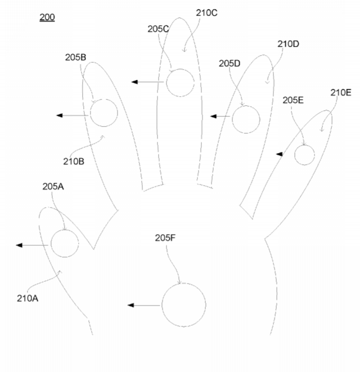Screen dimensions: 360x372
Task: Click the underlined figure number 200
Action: (x=47, y=17)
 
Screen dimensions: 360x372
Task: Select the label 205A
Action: (x=53, y=186)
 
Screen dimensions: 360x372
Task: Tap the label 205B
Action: (x=75, y=57)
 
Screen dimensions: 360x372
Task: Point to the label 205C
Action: (x=158, y=29)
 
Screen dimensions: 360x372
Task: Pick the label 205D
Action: (x=229, y=64)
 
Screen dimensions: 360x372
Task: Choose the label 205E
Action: (x=293, y=100)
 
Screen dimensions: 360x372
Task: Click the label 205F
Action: (x=165, y=237)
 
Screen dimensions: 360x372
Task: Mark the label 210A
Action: (x=28, y=298)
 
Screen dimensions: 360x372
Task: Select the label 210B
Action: (x=74, y=162)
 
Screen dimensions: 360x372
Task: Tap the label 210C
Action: (x=206, y=13)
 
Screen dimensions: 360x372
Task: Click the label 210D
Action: (x=288, y=44)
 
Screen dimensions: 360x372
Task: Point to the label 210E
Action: (x=341, y=92)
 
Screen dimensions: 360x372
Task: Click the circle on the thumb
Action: (x=51, y=244)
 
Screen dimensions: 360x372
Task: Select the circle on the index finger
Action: (x=90, y=113)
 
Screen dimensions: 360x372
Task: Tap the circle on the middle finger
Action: (x=166, y=83)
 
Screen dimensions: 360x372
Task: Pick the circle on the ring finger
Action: (x=232, y=119)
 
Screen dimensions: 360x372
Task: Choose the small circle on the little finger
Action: (x=295, y=155)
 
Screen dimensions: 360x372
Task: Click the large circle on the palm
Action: (x=162, y=305)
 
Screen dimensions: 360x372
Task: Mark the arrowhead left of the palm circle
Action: (x=130, y=305)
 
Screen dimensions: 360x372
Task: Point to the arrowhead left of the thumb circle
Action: (x=19, y=245)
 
